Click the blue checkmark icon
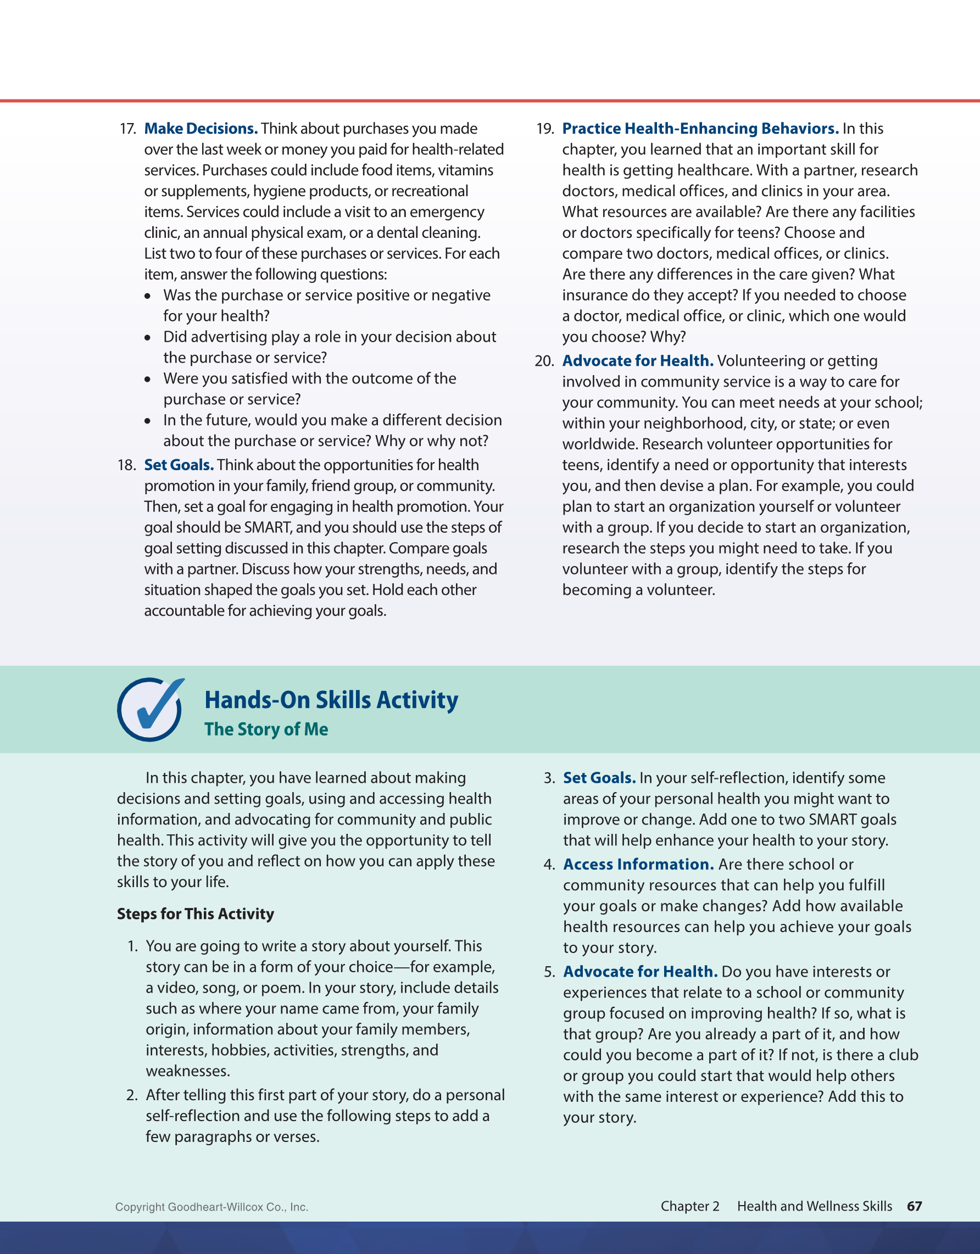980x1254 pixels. [x=150, y=710]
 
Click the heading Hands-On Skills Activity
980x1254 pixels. [x=331, y=700]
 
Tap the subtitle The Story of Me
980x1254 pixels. [x=266, y=729]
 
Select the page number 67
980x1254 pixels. [x=914, y=1206]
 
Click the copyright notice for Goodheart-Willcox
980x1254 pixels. [x=211, y=1207]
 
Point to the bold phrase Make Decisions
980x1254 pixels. [x=201, y=129]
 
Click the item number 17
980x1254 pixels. [x=127, y=129]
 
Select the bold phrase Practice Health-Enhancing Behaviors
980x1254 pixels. [x=700, y=129]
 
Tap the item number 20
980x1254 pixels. [x=544, y=361]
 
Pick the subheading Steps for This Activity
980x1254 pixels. [x=195, y=913]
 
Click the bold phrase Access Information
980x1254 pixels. [x=638, y=864]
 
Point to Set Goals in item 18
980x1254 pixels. [x=179, y=465]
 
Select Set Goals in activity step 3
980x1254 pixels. [x=599, y=778]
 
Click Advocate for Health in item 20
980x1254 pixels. [x=637, y=361]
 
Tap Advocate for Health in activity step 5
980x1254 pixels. [x=639, y=972]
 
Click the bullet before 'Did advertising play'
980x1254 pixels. [x=148, y=338]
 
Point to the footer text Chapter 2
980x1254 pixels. [x=689, y=1206]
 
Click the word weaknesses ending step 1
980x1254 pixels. [x=188, y=1071]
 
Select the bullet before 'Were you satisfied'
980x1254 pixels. [x=148, y=380]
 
